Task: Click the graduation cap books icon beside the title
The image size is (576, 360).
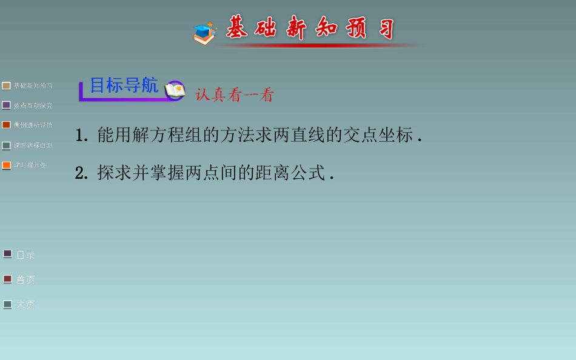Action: (205, 33)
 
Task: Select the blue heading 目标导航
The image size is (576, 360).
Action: (124, 85)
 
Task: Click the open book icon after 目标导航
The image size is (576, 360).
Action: (175, 90)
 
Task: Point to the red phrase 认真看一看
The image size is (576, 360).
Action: (235, 95)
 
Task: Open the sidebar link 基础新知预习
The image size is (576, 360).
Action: (33, 85)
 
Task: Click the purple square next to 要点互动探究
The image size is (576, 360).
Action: (6, 105)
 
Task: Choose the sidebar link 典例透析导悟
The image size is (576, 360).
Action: (33, 125)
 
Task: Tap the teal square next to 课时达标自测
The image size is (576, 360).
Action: (6, 145)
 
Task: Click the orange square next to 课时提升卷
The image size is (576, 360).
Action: (6, 165)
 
